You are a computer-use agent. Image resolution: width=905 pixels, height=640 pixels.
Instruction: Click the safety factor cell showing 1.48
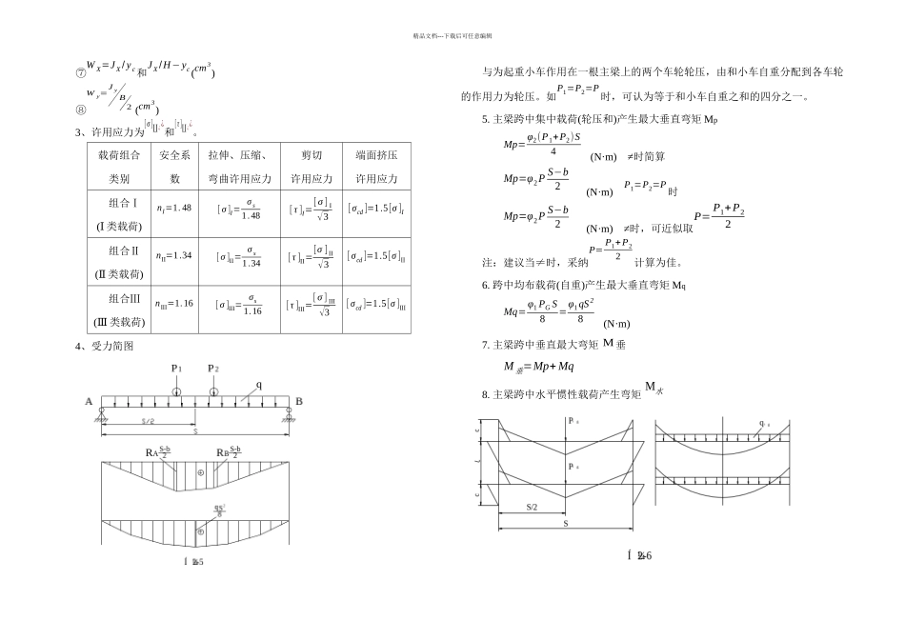(x=174, y=208)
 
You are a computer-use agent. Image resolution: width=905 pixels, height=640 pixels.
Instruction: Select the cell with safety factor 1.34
(x=174, y=256)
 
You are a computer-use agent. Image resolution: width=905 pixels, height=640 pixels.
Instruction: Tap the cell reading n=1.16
(x=174, y=304)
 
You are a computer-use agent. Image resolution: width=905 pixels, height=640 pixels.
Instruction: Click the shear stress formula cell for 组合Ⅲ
(x=310, y=305)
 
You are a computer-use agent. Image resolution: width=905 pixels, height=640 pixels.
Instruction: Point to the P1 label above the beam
(x=176, y=369)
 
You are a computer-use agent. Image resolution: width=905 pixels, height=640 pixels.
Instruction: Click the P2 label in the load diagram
(x=213, y=369)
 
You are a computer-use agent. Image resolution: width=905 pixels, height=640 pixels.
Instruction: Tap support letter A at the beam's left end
(x=89, y=402)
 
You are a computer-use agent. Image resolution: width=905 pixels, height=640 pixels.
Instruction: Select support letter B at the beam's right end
(x=298, y=402)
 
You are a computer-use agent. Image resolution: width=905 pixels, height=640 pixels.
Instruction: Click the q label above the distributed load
(x=258, y=386)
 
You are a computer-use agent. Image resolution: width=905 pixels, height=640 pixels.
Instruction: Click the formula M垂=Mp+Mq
(x=538, y=366)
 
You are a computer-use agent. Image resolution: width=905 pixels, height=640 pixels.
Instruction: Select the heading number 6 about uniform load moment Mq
(x=486, y=285)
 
